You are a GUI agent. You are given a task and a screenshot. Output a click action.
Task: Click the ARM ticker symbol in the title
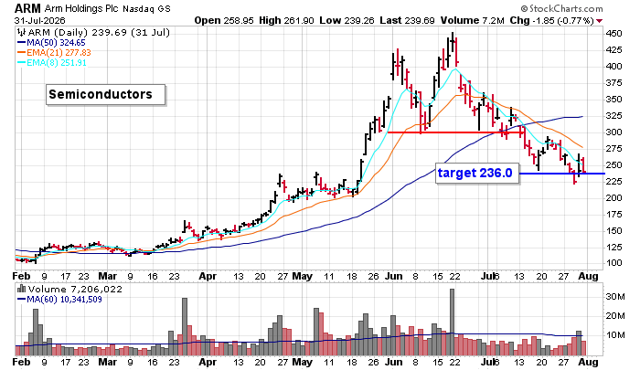point(27,8)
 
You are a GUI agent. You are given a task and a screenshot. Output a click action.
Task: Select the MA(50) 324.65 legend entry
point(51,42)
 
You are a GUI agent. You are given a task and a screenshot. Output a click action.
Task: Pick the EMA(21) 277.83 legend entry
point(54,53)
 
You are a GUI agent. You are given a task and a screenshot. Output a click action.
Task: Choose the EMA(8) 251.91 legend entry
point(52,62)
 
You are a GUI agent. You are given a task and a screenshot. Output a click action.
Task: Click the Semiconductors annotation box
point(106,95)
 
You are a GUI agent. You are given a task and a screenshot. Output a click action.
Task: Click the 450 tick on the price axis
point(613,34)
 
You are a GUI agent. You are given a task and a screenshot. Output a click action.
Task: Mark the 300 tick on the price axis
point(613,132)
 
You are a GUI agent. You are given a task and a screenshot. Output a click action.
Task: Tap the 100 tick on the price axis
point(613,263)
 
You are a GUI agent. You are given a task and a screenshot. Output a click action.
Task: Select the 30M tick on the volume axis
point(615,297)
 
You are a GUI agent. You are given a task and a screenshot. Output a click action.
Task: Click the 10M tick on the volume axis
point(615,335)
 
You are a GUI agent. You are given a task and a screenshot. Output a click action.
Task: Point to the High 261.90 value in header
point(286,20)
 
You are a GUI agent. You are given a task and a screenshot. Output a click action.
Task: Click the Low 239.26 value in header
point(347,20)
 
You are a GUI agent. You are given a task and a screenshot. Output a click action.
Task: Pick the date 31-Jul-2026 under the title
point(39,20)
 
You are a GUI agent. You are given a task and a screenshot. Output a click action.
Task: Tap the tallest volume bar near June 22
point(452,322)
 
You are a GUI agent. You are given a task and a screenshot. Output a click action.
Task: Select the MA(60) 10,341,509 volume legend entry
point(59,300)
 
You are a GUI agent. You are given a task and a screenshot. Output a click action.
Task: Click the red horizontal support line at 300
point(455,132)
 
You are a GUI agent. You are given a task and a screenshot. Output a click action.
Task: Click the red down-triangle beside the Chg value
point(599,21)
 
